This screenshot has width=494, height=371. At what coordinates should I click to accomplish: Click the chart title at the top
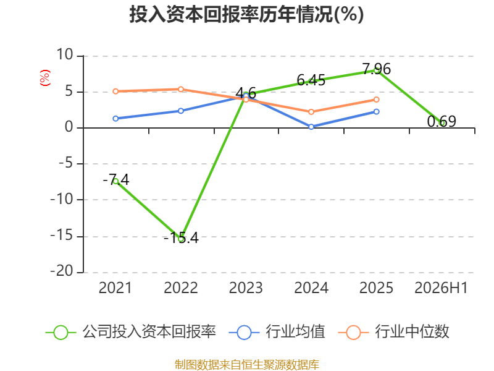[246, 14]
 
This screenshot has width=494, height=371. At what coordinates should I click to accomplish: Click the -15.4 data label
[181, 238]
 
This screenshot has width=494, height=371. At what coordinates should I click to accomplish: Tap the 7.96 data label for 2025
[377, 69]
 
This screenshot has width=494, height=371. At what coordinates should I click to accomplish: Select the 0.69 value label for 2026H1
[442, 121]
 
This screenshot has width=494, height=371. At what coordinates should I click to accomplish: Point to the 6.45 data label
[311, 80]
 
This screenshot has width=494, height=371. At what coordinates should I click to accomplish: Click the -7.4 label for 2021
[116, 179]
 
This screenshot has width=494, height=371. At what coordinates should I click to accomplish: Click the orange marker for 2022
[181, 89]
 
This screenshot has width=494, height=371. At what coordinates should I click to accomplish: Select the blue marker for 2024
[311, 127]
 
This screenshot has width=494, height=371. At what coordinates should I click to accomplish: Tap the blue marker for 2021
[115, 119]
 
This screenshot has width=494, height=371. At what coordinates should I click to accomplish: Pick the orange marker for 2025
[377, 100]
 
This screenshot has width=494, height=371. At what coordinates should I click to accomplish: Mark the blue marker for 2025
[377, 112]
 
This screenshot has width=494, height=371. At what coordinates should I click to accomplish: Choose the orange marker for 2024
[311, 112]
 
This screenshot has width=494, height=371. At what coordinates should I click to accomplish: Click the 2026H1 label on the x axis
[441, 288]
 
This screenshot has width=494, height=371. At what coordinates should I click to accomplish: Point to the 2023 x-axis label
[246, 288]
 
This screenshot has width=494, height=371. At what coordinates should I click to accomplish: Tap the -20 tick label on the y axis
[62, 271]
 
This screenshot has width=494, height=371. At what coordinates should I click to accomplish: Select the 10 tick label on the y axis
[65, 54]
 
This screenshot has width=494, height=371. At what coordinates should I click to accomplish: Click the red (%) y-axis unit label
[44, 78]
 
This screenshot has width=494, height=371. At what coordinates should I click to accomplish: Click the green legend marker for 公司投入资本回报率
[61, 333]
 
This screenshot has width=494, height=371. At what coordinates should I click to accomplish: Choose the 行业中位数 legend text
[412, 332]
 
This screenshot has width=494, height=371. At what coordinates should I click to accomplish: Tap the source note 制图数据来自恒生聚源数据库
[247, 365]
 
